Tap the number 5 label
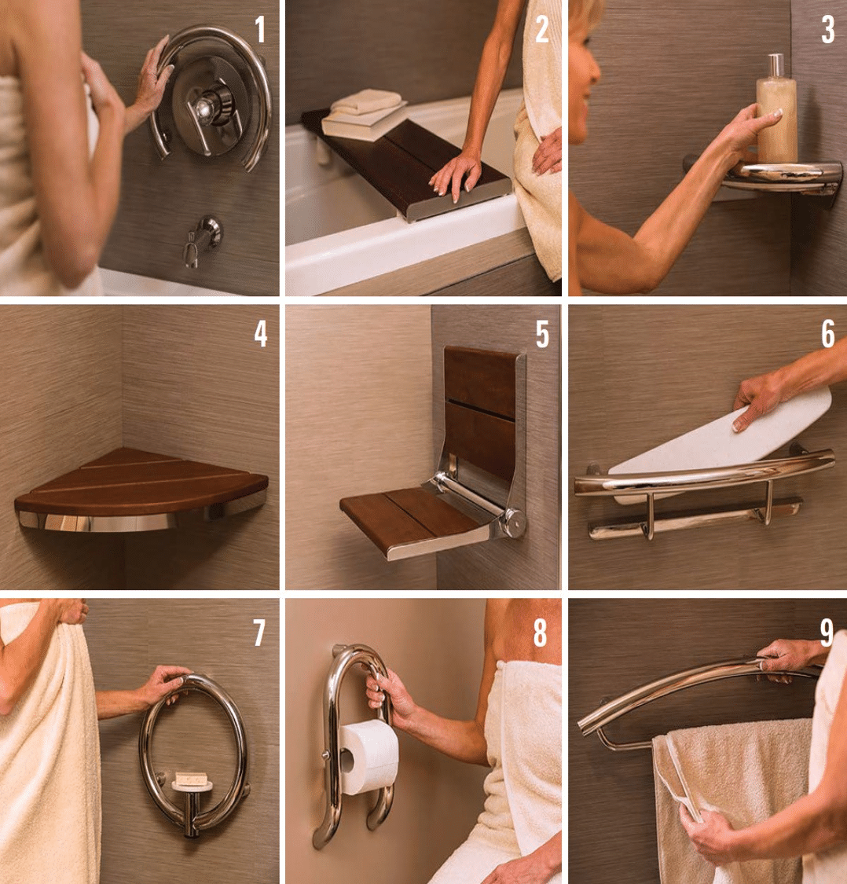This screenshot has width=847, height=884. click(x=542, y=334)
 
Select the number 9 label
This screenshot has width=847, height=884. click(x=826, y=632)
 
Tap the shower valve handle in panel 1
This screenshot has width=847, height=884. click(x=211, y=106)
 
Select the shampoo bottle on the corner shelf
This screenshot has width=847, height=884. click(x=775, y=110)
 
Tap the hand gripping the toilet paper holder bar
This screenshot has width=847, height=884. click(x=388, y=691)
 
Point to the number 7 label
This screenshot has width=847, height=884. click(x=260, y=632)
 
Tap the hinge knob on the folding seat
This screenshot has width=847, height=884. click(x=515, y=520)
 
